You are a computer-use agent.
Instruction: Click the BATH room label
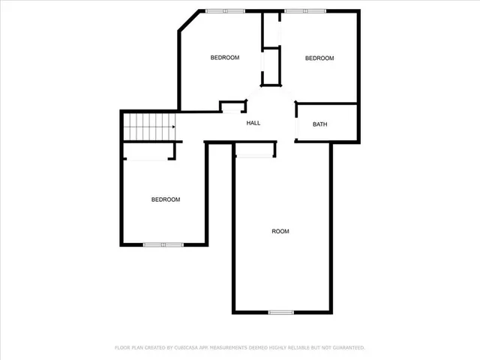pyautogui.click(x=320, y=124)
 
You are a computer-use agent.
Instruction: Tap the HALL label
pyautogui.click(x=253, y=122)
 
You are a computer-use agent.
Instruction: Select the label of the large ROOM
pyautogui.click(x=280, y=231)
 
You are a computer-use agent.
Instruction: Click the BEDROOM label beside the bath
pyautogui.click(x=319, y=58)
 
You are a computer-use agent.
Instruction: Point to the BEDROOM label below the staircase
pyautogui.click(x=166, y=199)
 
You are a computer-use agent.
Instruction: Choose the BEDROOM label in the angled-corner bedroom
pyautogui.click(x=224, y=58)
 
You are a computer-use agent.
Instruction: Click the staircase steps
pyautogui.click(x=149, y=126)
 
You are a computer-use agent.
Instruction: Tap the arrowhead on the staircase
pyautogui.click(x=173, y=127)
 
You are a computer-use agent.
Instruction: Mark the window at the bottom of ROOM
pyautogui.click(x=280, y=312)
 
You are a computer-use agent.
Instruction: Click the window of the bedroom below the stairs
pyautogui.click(x=163, y=244)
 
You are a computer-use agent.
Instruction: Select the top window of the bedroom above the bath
pyautogui.click(x=305, y=10)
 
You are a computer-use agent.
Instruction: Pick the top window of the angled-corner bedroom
pyautogui.click(x=226, y=10)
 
